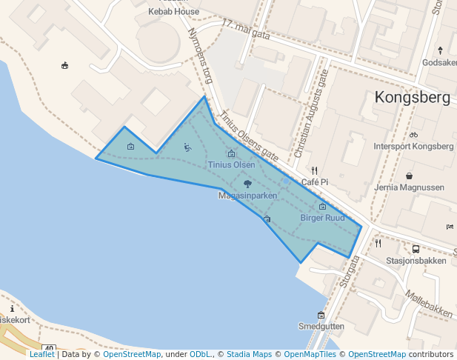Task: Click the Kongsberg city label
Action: tap(413, 98)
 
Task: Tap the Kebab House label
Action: tap(173, 12)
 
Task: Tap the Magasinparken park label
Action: tap(247, 196)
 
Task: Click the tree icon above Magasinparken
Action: tap(247, 183)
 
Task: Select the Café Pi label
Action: tap(315, 182)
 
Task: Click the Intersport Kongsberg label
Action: tap(413, 146)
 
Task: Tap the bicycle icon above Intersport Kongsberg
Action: tap(413, 135)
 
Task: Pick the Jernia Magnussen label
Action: tap(410, 187)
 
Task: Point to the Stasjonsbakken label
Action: tap(416, 261)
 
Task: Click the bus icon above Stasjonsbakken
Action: tap(416, 250)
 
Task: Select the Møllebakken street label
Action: tap(430, 304)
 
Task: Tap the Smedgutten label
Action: tap(321, 326)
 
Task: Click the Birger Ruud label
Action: tap(322, 218)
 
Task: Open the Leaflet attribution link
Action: tap(41, 354)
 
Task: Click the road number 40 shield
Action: tap(49, 349)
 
